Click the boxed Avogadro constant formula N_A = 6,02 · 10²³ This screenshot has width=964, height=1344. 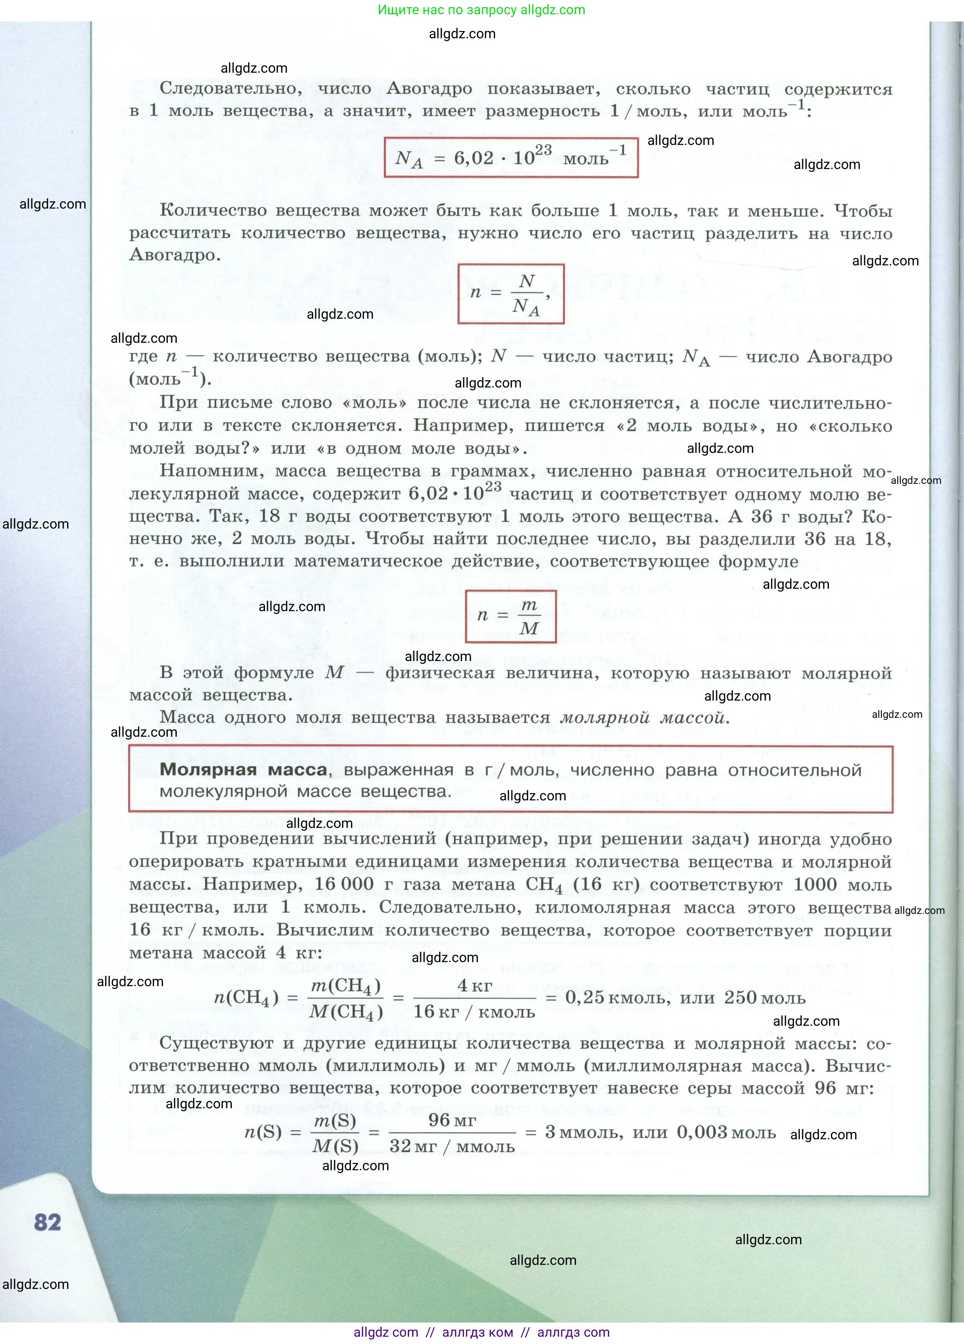tap(511, 158)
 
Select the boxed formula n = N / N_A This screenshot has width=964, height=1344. tap(511, 293)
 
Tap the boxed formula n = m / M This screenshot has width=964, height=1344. tap(511, 616)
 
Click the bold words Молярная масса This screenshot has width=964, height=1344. tap(243, 770)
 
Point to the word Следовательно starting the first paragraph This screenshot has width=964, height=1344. tap(231, 89)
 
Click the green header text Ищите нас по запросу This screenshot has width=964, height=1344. tap(448, 10)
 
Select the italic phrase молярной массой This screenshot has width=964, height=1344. tap(644, 718)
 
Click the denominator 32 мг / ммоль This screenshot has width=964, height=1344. tap(452, 1146)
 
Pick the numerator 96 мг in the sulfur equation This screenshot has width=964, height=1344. tap(452, 1119)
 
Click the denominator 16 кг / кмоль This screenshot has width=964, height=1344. tap(474, 1011)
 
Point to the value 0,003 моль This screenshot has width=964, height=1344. tap(726, 1132)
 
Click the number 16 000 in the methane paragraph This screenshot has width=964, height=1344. tap(344, 884)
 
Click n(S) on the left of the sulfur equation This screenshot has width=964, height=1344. tap(263, 1132)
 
